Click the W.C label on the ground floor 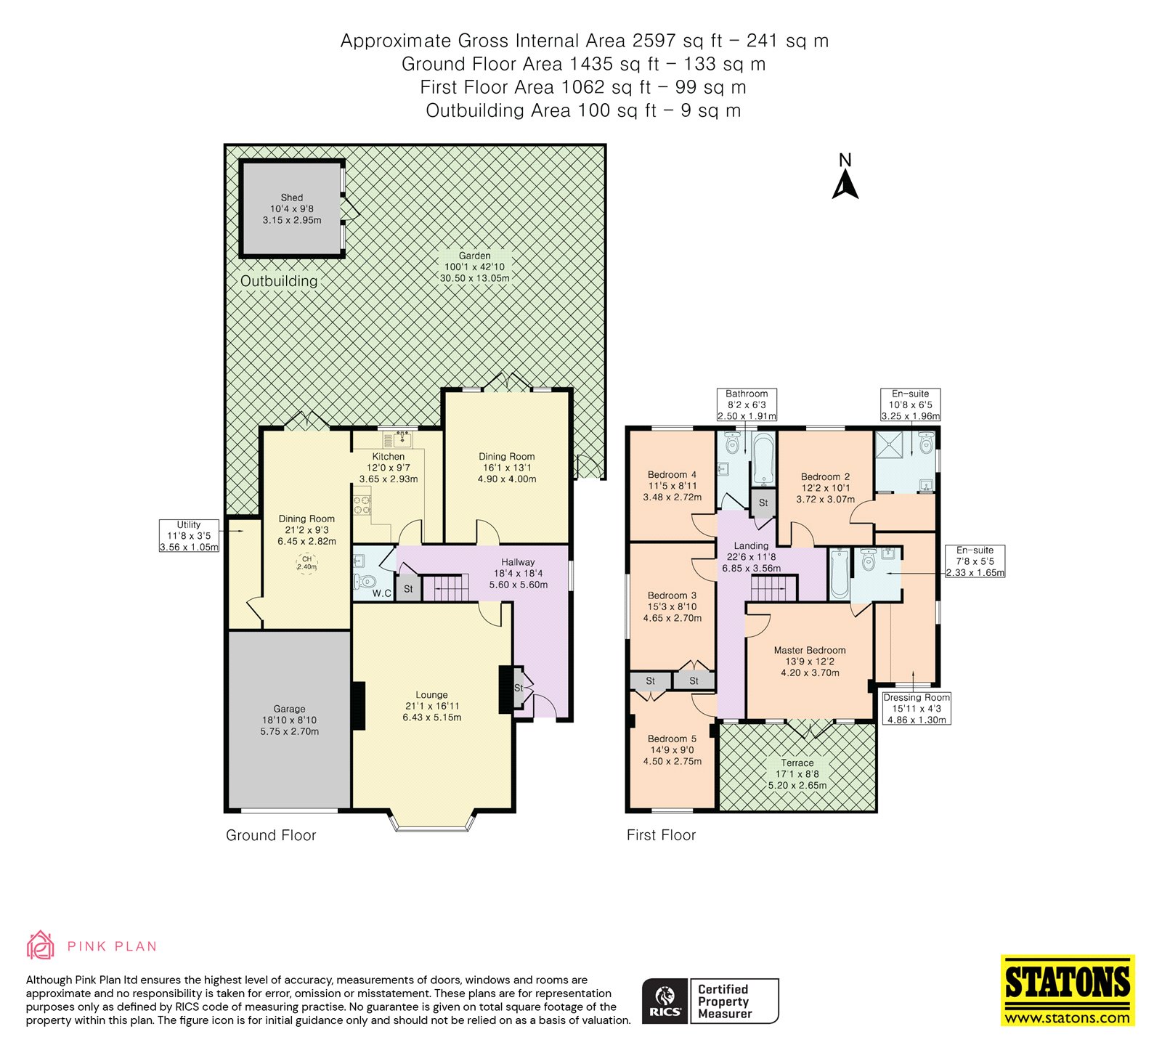tap(382, 593)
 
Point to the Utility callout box tap(189, 536)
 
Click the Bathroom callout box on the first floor tap(747, 405)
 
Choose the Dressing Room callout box tap(917, 708)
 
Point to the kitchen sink tap(397, 439)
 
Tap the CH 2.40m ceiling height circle tap(307, 563)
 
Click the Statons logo tap(1068, 990)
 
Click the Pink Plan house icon tap(41, 946)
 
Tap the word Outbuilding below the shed tap(279, 281)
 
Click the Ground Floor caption tap(271, 835)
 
